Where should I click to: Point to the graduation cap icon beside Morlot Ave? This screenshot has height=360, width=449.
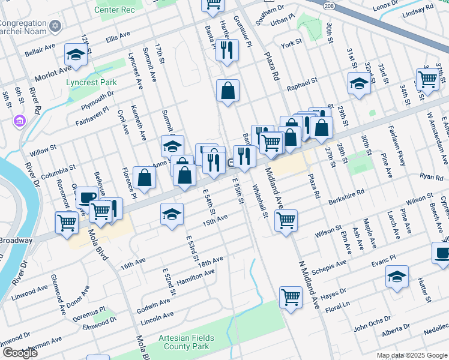(76, 55)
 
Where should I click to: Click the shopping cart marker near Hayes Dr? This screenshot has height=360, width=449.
(291, 296)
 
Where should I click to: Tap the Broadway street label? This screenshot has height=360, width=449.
(16, 240)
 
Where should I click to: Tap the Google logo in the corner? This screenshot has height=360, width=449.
(20, 352)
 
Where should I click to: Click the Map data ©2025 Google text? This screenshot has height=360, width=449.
(411, 355)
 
